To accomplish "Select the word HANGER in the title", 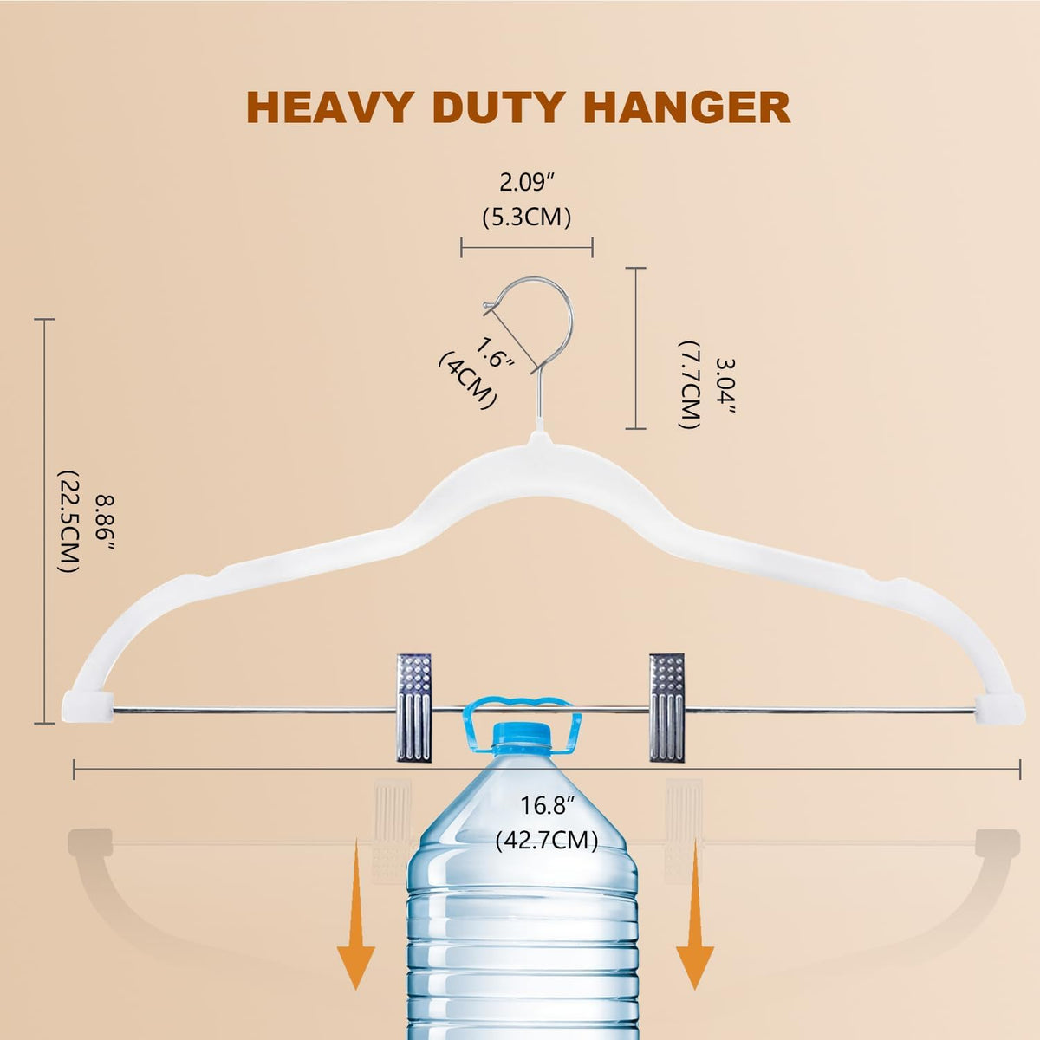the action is [x=687, y=108].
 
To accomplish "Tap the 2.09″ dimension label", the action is [x=527, y=184].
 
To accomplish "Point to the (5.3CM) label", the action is [x=527, y=218].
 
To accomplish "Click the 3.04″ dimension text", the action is [x=725, y=386].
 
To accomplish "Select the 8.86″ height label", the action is [x=104, y=522].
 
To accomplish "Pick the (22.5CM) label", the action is [x=69, y=522].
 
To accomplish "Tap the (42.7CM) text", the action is [x=547, y=841].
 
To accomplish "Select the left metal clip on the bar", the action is [x=414, y=707].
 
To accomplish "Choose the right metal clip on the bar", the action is [x=667, y=707].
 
